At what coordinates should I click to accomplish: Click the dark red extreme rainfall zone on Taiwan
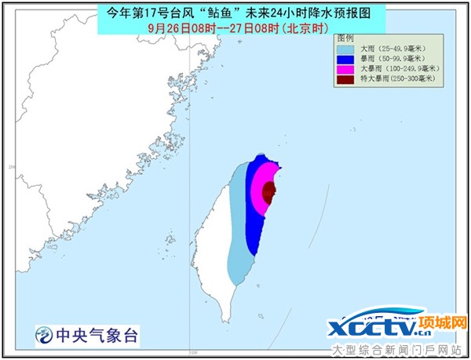tap(269, 192)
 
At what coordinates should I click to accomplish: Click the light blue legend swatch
tap(344, 48)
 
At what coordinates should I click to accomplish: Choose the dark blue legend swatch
tap(344, 58)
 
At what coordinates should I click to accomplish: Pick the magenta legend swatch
tap(344, 69)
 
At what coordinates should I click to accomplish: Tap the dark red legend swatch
tap(344, 79)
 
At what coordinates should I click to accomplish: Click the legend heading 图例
tap(345, 38)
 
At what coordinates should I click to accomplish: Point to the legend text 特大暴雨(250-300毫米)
tap(397, 79)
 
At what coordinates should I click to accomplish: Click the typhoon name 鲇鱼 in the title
tap(243, 12)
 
